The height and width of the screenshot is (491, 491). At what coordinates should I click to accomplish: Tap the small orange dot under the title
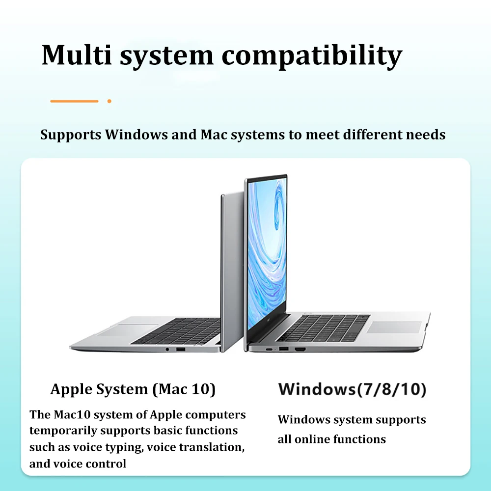(109, 101)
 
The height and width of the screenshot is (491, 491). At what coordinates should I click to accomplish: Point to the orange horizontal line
(74, 101)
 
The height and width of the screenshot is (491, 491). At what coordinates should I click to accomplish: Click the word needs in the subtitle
(425, 135)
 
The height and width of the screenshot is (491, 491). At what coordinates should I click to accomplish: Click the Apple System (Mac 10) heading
(133, 389)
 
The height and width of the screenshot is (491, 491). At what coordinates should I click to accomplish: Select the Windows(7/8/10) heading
(352, 389)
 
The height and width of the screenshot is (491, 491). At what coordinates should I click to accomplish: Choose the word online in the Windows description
(309, 439)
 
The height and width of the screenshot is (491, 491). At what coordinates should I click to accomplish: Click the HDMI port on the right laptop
(300, 349)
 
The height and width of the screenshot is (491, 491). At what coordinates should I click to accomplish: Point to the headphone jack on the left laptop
(168, 349)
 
